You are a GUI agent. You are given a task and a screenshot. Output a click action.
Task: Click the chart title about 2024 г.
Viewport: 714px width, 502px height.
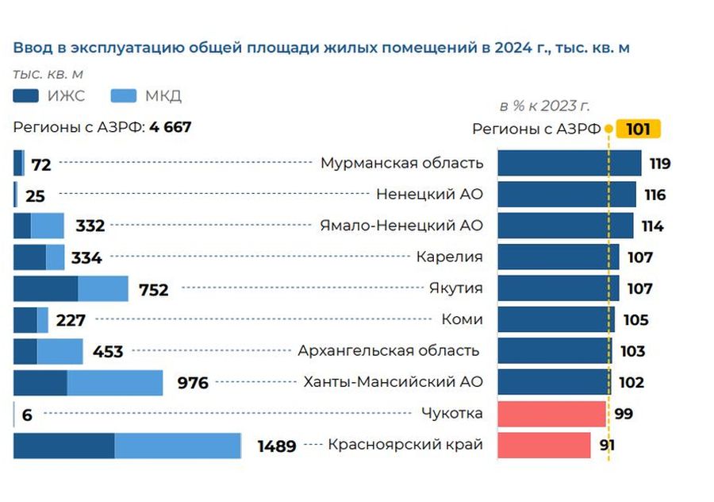(321, 48)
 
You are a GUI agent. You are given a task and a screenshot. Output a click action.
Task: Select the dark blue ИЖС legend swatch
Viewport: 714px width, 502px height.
(26, 96)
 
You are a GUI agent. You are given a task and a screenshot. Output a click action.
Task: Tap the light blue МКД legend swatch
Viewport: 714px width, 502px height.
(125, 96)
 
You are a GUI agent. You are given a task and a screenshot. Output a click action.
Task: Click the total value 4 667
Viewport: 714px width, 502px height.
(170, 127)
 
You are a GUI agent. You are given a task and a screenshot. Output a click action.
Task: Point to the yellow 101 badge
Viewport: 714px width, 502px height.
(639, 129)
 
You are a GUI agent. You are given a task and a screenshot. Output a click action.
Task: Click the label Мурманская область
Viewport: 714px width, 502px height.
(401, 163)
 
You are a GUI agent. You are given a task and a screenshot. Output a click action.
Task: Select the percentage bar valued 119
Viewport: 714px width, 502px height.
(569, 164)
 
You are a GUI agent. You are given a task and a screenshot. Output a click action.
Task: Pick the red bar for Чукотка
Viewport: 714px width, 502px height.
(551, 414)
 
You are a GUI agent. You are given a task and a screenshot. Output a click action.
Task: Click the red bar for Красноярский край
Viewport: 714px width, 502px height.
(543, 445)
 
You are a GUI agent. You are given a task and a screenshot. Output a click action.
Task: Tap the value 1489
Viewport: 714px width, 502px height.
(277, 446)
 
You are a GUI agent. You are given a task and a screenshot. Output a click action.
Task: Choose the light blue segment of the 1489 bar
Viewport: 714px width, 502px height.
(178, 446)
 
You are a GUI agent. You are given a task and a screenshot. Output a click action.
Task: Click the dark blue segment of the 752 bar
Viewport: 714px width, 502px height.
(45, 289)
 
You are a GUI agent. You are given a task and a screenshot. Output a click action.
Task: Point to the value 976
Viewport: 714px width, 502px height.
(192, 384)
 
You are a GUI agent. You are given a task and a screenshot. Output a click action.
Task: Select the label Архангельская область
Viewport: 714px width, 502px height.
(389, 350)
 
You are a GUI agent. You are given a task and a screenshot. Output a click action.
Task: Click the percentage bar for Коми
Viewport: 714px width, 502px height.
(555, 320)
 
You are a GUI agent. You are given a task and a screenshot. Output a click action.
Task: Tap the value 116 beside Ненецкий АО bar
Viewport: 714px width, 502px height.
(654, 195)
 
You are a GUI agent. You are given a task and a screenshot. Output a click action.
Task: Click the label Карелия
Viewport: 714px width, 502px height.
(449, 257)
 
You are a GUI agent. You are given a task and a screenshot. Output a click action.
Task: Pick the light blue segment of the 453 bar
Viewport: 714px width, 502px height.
(59, 351)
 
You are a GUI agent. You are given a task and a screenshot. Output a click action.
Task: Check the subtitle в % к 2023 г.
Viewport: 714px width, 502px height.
(544, 106)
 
